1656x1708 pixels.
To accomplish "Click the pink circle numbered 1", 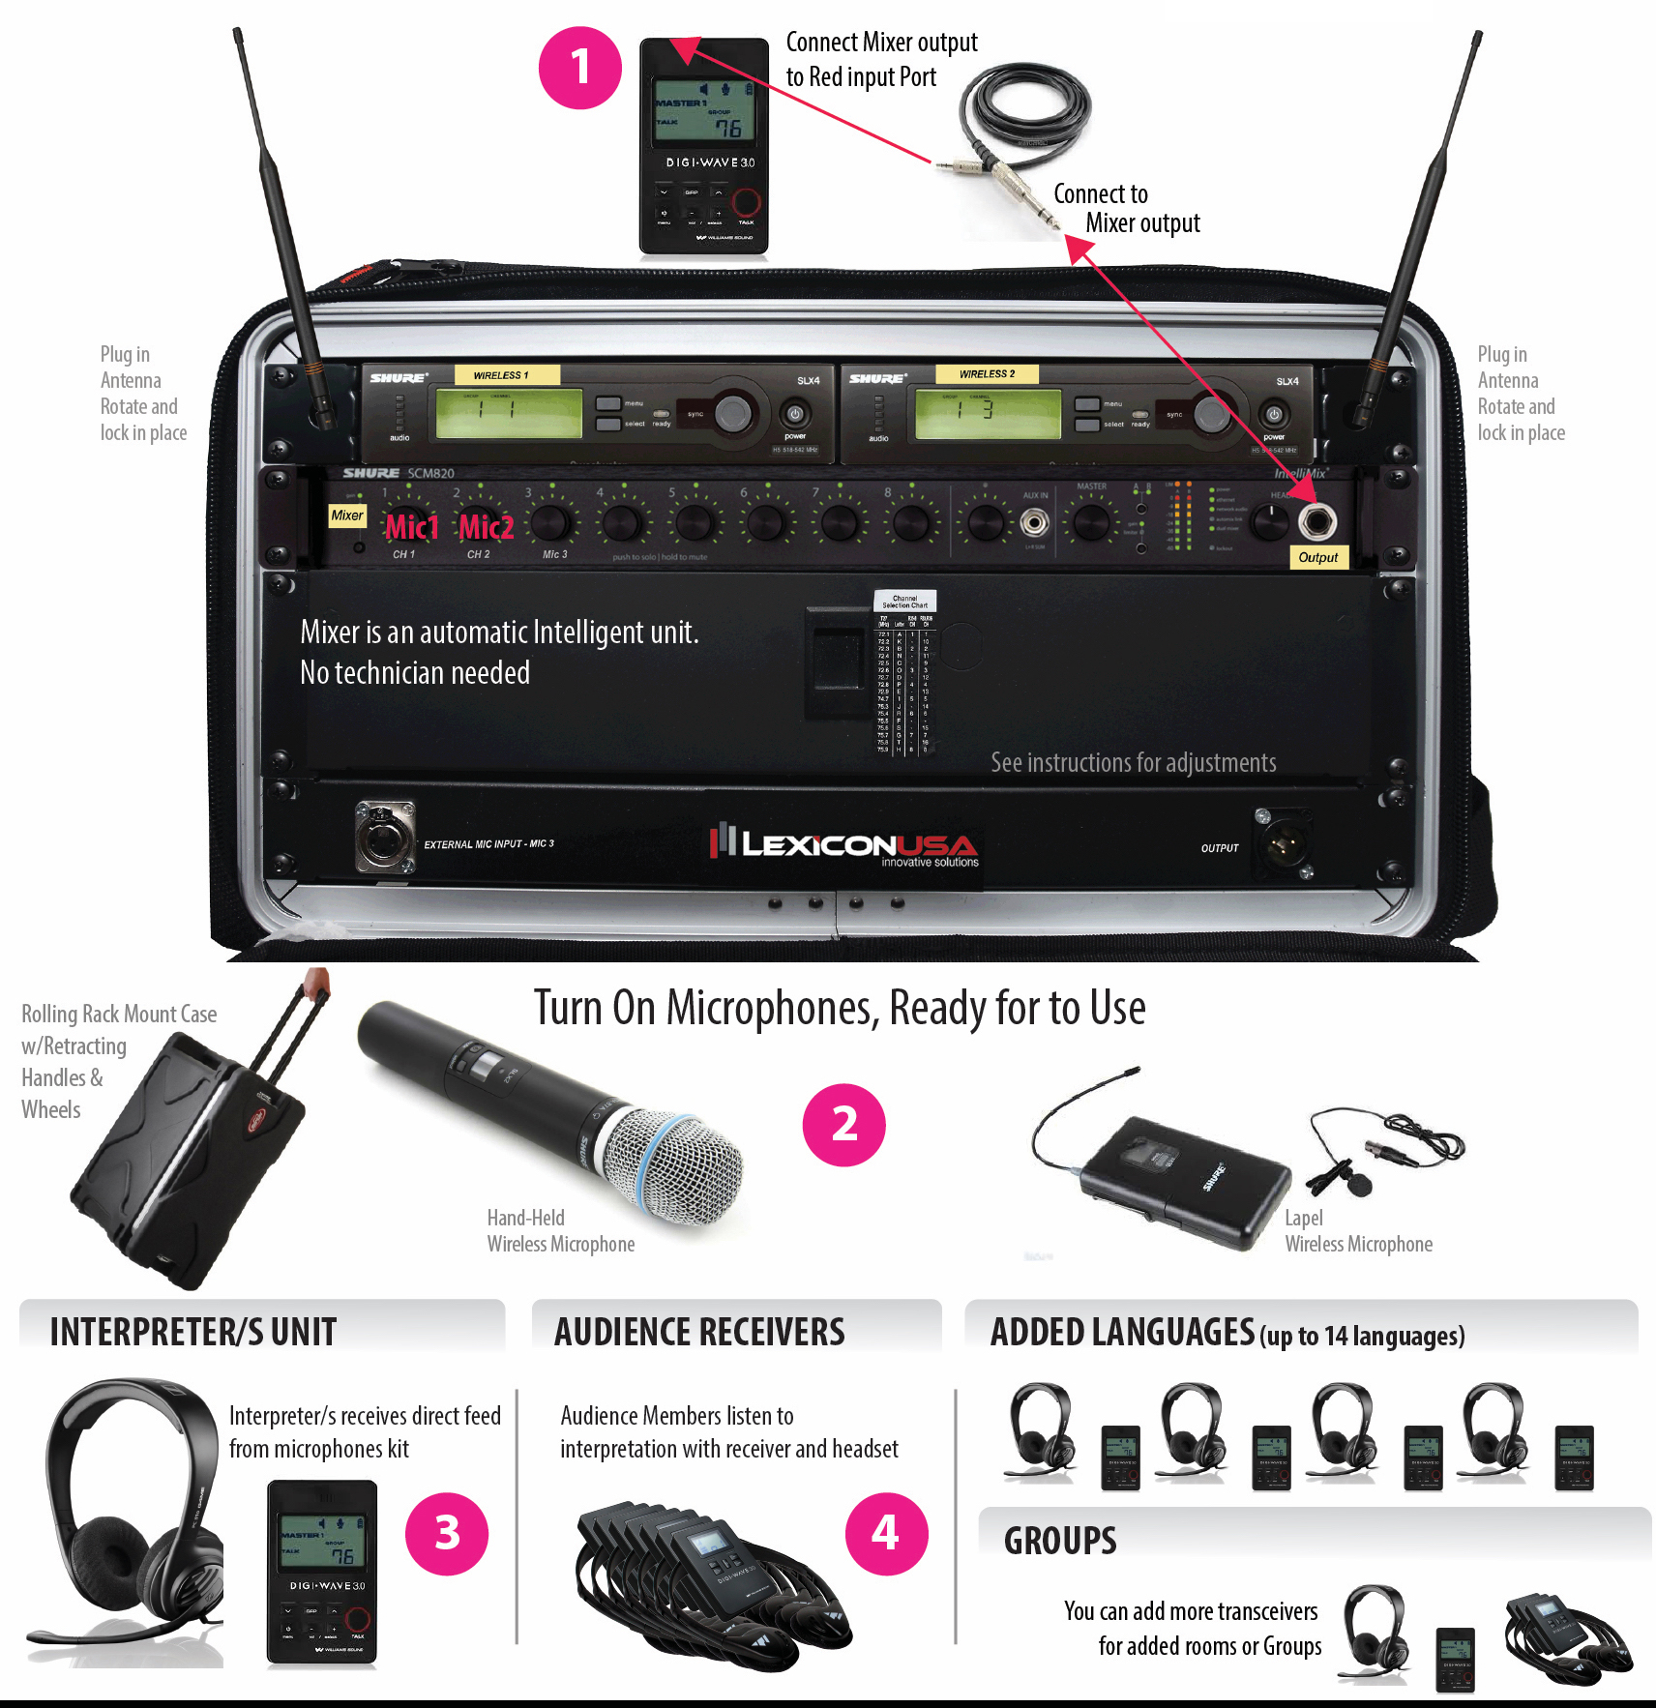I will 579,68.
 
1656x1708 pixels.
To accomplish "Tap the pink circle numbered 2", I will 843,1125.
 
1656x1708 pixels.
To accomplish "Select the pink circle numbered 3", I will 447,1533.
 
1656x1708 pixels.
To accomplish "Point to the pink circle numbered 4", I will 886,1533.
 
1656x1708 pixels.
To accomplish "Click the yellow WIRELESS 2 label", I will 987,374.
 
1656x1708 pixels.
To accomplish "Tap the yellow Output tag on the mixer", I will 1317,558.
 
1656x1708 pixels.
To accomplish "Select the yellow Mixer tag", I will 347,515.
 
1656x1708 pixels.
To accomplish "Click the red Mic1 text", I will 411,528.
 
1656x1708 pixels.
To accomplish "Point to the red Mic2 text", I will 486,528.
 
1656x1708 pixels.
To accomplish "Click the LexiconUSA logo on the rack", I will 843,845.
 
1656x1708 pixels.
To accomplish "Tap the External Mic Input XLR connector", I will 384,837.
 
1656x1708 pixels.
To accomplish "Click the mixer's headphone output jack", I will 1316,522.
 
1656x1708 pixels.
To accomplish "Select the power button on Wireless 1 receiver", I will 795,415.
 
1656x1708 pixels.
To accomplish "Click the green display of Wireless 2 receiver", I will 987,413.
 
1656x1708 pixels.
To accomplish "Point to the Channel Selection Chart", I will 904,672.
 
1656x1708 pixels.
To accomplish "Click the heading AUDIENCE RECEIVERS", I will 699,1333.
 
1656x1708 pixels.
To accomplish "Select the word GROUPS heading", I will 1060,1541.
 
